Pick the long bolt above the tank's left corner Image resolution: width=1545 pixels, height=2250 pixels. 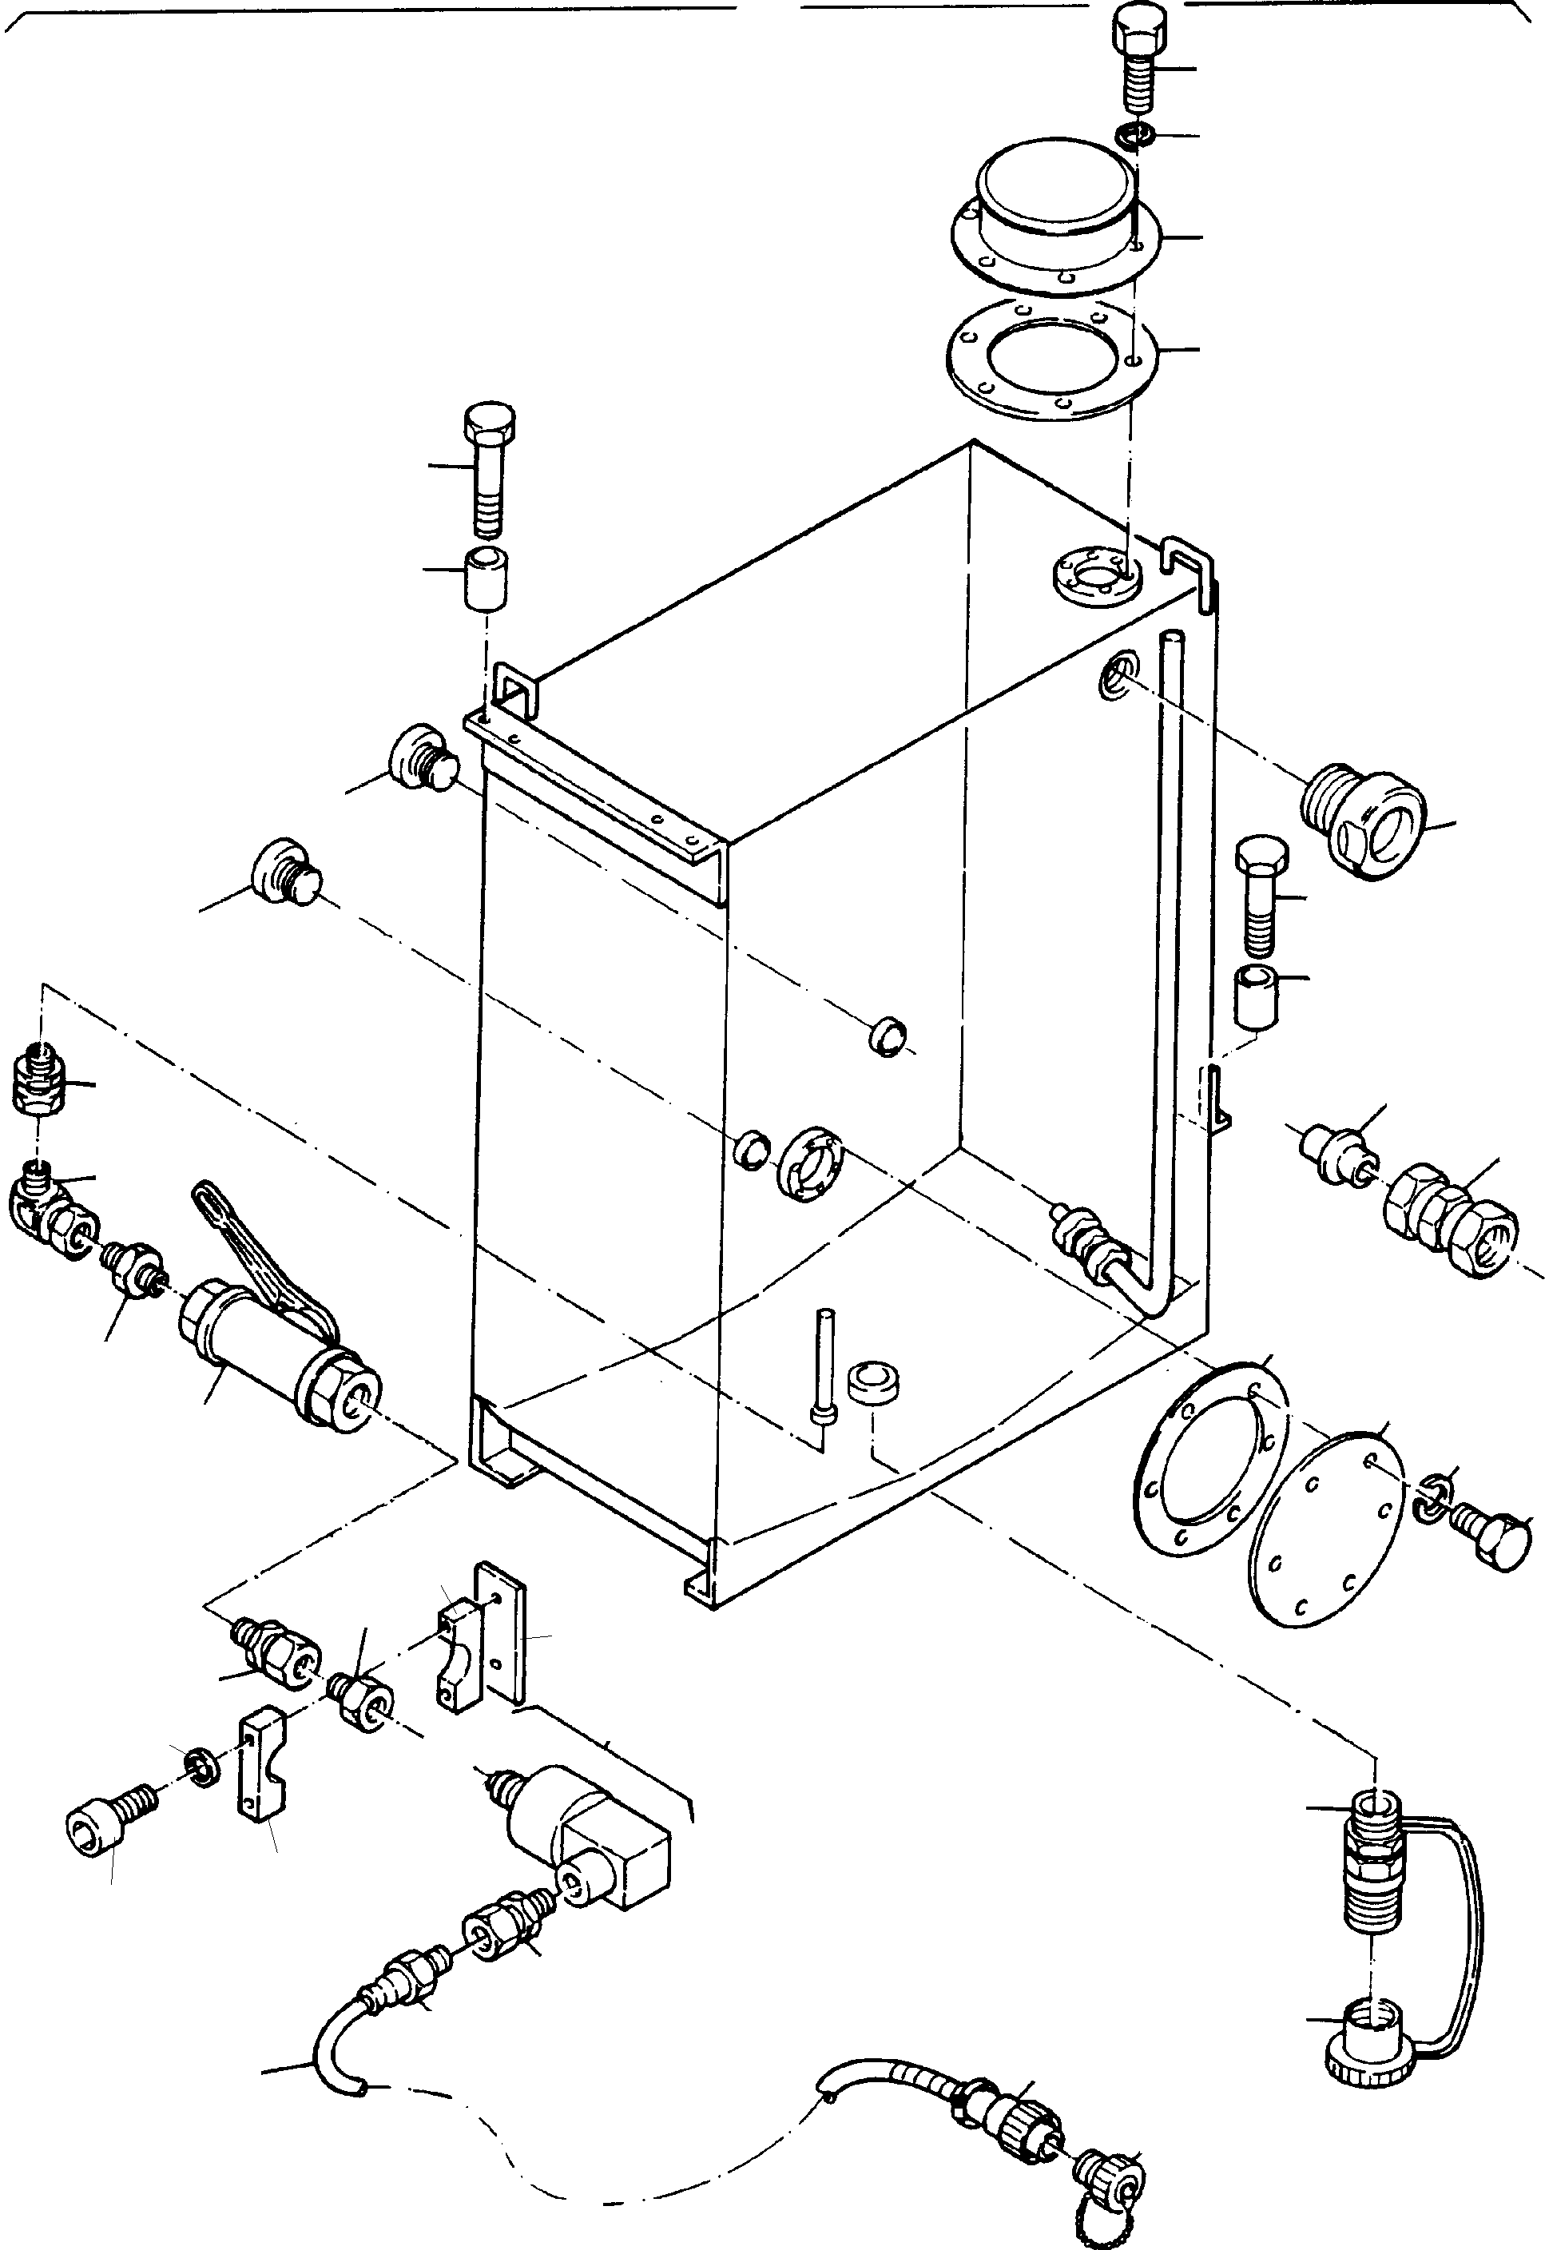click(x=489, y=470)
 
